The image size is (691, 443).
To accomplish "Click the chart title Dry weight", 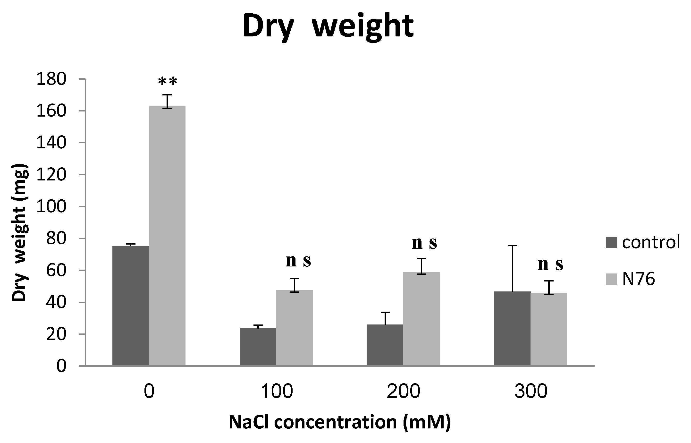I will pyautogui.click(x=328, y=26).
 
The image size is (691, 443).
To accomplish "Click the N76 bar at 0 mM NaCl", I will pyautogui.click(x=167, y=236).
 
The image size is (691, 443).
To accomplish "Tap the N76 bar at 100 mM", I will pyautogui.click(x=294, y=328).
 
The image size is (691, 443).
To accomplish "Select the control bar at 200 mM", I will pyautogui.click(x=385, y=345).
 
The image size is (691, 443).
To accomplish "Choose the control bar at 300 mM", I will pyautogui.click(x=512, y=329).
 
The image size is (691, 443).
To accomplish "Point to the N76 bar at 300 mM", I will pyautogui.click(x=549, y=329).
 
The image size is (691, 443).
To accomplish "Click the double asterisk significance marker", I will pyautogui.click(x=168, y=82).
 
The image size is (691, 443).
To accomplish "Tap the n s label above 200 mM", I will pyautogui.click(x=424, y=243).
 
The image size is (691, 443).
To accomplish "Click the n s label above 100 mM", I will pyautogui.click(x=298, y=261).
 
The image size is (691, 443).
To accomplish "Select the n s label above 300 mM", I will pyautogui.click(x=550, y=264).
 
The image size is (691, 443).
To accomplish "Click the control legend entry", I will pyautogui.click(x=643, y=242).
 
